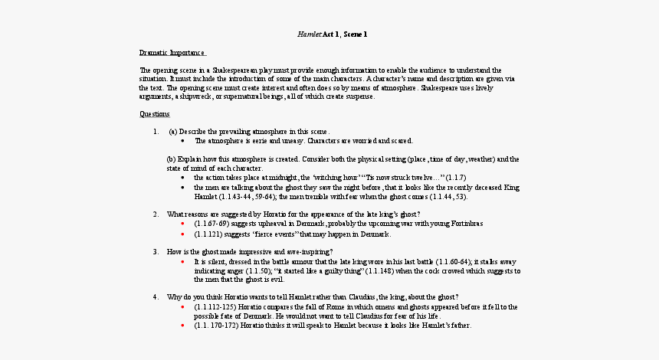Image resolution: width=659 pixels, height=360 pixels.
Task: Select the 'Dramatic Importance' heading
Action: tap(172, 53)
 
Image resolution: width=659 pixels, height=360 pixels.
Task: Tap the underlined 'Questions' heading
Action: tap(155, 114)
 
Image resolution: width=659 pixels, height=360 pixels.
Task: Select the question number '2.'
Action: tap(156, 214)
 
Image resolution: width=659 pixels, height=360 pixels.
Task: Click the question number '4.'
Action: tap(156, 296)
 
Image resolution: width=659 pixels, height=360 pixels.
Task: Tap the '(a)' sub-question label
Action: tap(173, 131)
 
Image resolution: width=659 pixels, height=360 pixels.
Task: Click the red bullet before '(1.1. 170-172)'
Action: tap(182, 325)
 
